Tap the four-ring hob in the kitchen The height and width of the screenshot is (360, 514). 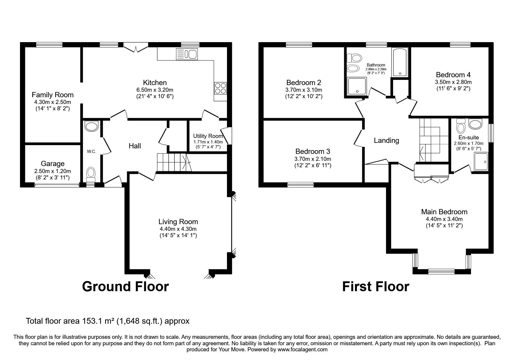pyautogui.click(x=221, y=88)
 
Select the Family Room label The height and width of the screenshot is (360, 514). pyautogui.click(x=53, y=95)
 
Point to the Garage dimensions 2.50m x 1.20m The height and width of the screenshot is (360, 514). pyautogui.click(x=53, y=171)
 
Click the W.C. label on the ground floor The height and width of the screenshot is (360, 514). pyautogui.click(x=91, y=151)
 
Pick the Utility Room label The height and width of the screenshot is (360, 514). pyautogui.click(x=208, y=136)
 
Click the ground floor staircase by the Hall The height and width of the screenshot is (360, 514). pyautogui.click(x=173, y=162)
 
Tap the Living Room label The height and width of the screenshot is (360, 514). pyautogui.click(x=178, y=222)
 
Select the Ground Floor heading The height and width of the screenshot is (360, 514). pyautogui.click(x=125, y=286)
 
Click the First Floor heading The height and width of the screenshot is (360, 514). pyautogui.click(x=376, y=286)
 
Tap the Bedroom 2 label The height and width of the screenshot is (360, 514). pyautogui.click(x=304, y=82)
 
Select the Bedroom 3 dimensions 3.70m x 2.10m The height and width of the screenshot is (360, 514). pyautogui.click(x=313, y=159)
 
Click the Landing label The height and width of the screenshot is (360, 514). pyautogui.click(x=386, y=141)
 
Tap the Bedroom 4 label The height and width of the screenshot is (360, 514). pyautogui.click(x=453, y=74)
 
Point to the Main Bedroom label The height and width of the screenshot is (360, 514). pyautogui.click(x=444, y=212)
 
